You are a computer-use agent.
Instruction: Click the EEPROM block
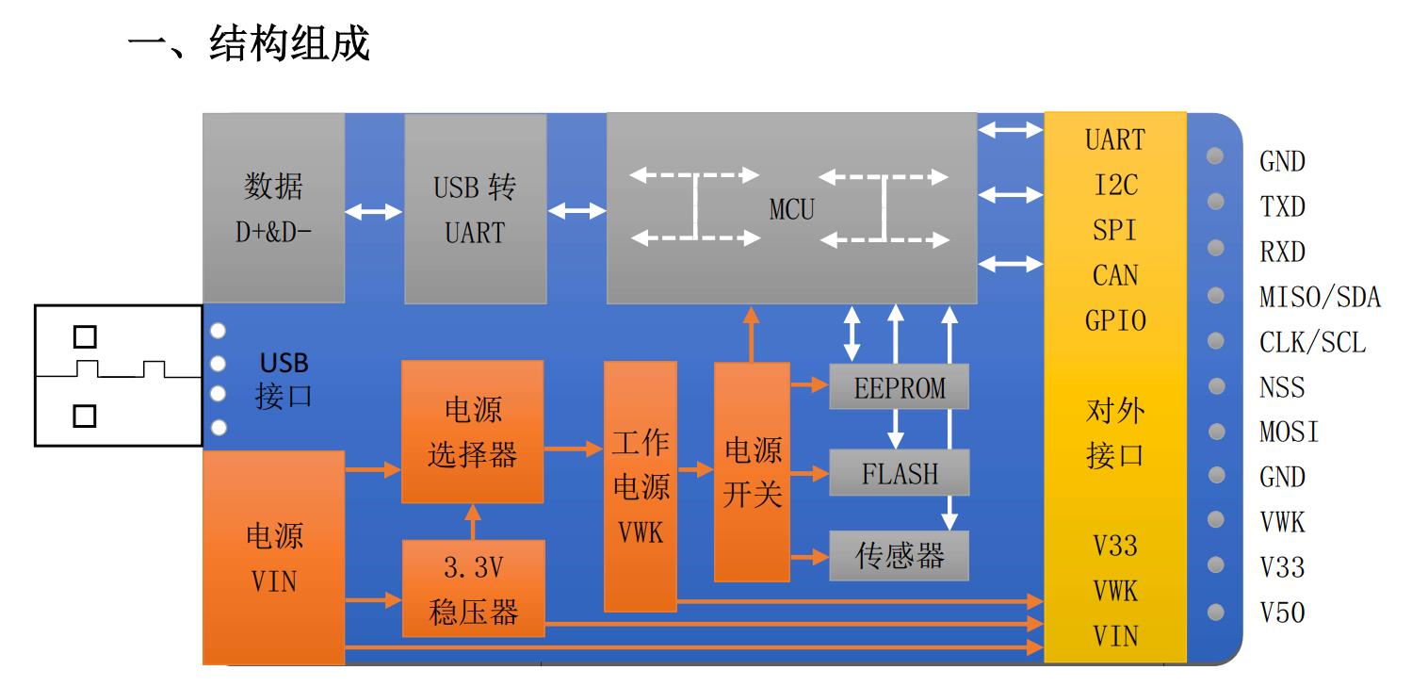coord(899,386)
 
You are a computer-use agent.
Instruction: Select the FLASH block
coord(899,473)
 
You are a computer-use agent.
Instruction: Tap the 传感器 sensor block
coord(899,556)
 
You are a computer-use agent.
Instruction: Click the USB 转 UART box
coord(475,209)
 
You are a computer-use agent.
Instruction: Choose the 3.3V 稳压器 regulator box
coord(473,590)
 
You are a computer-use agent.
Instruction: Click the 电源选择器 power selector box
coord(472,432)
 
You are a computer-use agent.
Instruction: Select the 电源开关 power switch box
coord(752,471)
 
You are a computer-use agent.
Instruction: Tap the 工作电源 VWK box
coord(641,485)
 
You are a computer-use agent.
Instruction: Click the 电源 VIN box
coord(273,558)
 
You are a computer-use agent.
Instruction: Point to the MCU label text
coord(791,210)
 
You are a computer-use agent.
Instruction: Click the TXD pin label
coord(1283,206)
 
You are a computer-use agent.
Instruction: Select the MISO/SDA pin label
coord(1320,297)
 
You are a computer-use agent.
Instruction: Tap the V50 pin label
coord(1283,612)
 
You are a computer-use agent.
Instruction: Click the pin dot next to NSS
coord(1216,385)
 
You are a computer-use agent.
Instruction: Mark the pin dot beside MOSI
coord(1216,432)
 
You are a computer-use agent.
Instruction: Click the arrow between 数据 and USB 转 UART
coord(374,213)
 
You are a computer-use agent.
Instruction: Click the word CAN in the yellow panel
coord(1115,275)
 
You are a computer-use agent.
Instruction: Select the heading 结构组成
coord(288,43)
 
